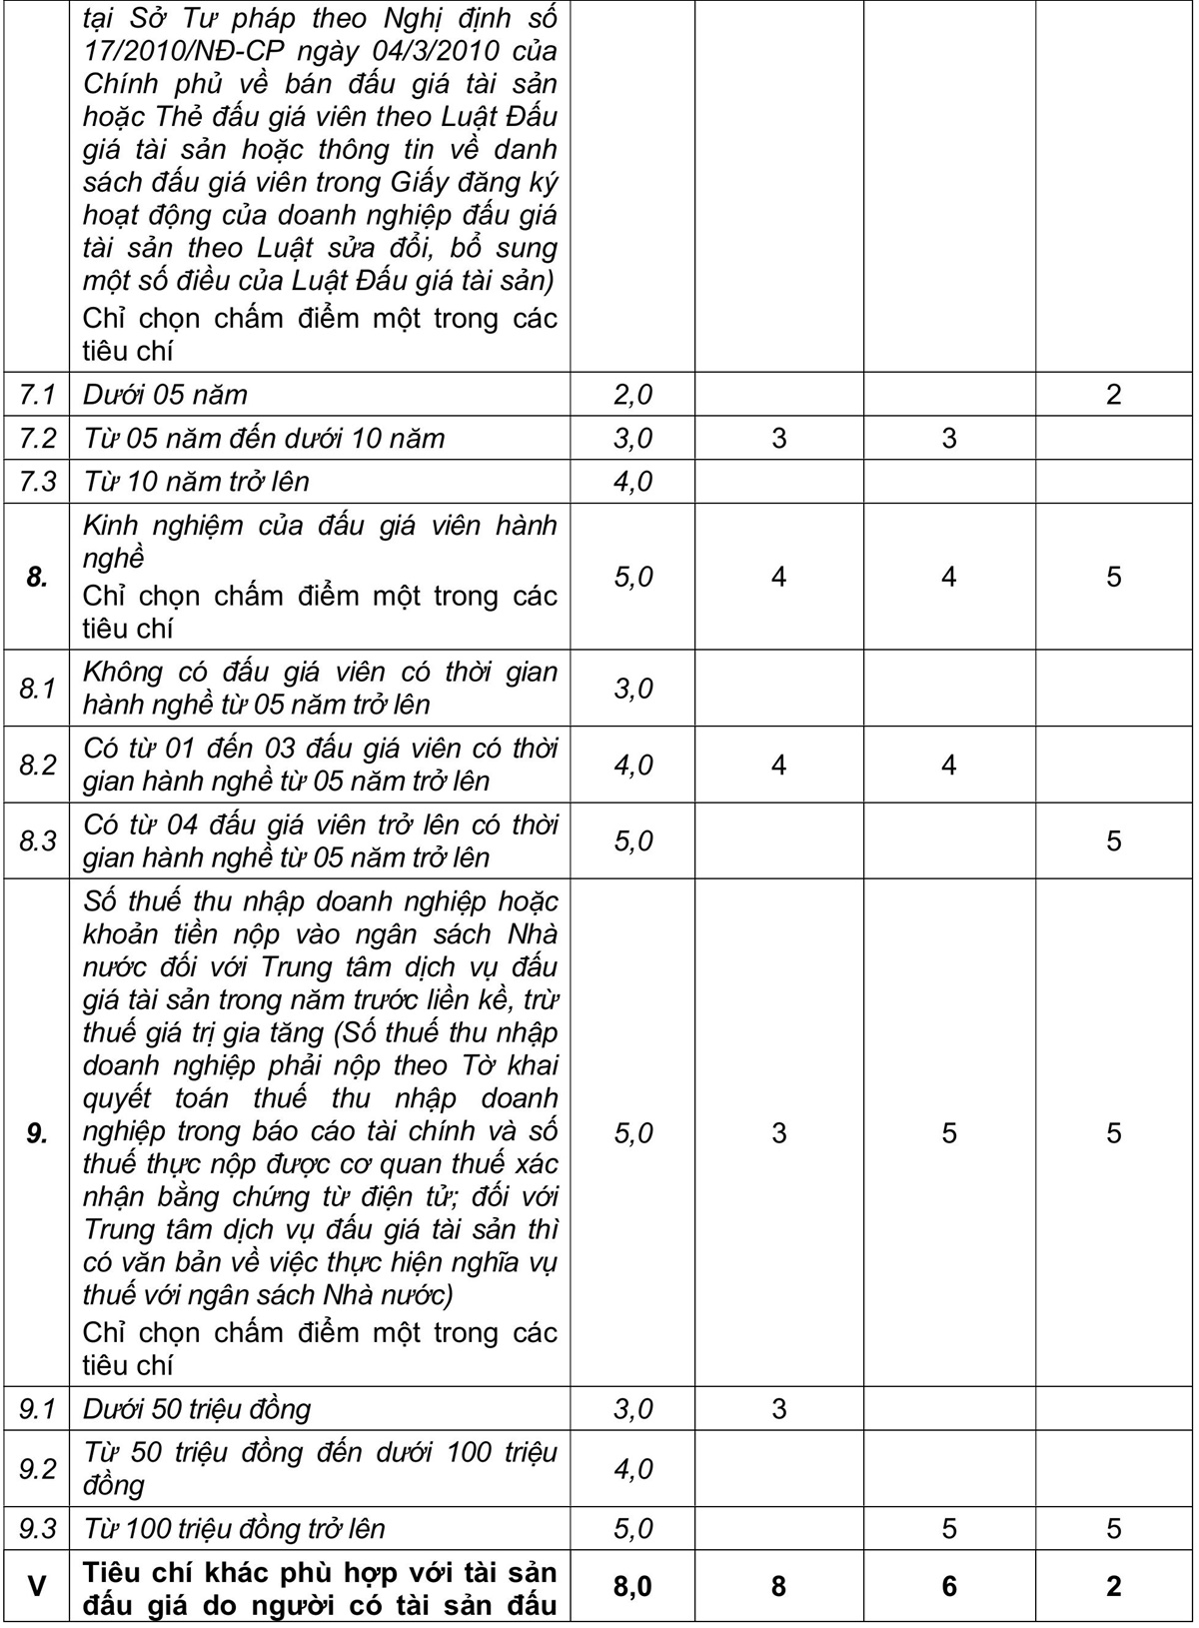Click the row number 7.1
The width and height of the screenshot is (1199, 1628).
tap(37, 395)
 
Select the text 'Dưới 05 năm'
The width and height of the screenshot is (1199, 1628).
tap(165, 395)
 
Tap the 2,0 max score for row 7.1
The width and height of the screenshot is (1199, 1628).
tap(632, 395)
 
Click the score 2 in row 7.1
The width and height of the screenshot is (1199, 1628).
tap(1114, 395)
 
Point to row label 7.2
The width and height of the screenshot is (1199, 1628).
tap(37, 439)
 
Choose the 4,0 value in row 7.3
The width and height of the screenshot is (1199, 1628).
tap(632, 482)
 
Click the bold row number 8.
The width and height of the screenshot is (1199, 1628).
tap(37, 578)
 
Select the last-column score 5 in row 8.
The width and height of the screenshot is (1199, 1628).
tap(1114, 578)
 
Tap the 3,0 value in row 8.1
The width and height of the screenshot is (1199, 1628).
tap(632, 689)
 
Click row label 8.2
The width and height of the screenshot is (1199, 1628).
tap(37, 765)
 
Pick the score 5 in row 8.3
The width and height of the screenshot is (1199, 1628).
tap(1114, 841)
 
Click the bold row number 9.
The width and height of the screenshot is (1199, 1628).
tap(37, 1133)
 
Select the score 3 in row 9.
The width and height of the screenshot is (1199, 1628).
tap(779, 1133)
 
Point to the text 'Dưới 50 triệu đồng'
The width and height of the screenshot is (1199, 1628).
tap(197, 1409)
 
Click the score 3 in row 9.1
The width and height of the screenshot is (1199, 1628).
tap(779, 1409)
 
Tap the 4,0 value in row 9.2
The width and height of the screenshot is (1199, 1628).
tap(632, 1469)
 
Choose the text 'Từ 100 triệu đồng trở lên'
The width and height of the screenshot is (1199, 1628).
tap(234, 1529)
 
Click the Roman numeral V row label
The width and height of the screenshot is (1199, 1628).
tap(37, 1587)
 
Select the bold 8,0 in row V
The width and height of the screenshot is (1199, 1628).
tap(632, 1587)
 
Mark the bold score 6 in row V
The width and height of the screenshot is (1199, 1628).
tap(949, 1587)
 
